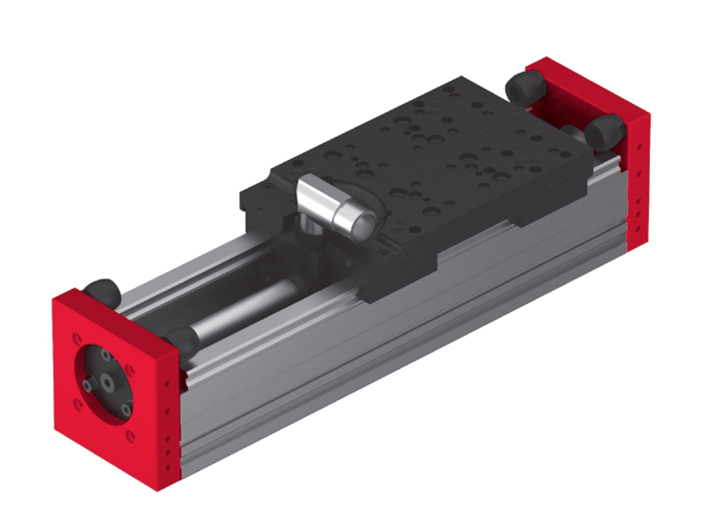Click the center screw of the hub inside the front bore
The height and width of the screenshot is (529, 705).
[x=108, y=383]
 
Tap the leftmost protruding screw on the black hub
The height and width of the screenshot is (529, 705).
[x=87, y=386]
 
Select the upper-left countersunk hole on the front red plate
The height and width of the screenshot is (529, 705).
[x=77, y=338]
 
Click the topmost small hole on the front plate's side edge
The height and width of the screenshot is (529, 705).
[x=167, y=383]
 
